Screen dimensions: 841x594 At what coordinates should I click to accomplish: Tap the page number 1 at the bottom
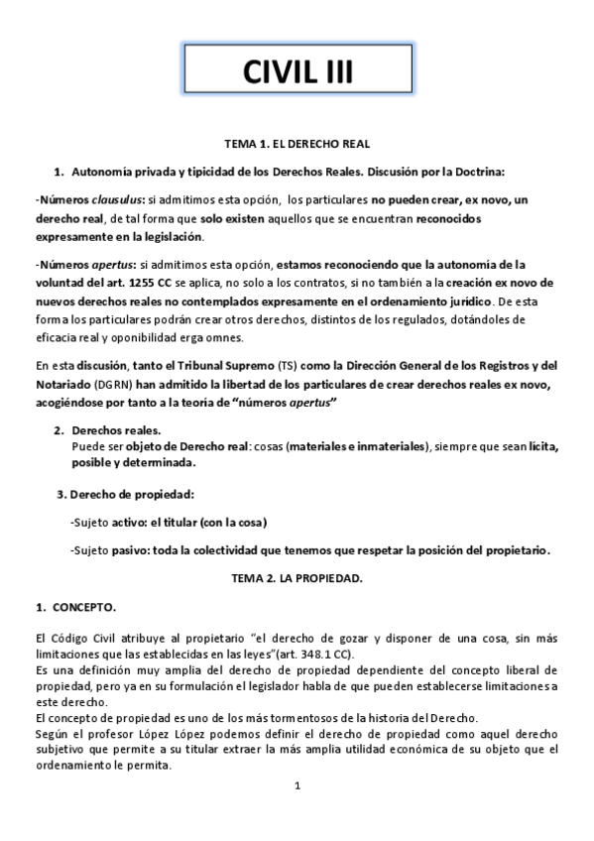pyautogui.click(x=297, y=785)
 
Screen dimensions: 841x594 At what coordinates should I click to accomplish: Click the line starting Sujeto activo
pyautogui.click(x=169, y=522)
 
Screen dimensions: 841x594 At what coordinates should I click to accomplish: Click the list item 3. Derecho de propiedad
pyautogui.click(x=125, y=494)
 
